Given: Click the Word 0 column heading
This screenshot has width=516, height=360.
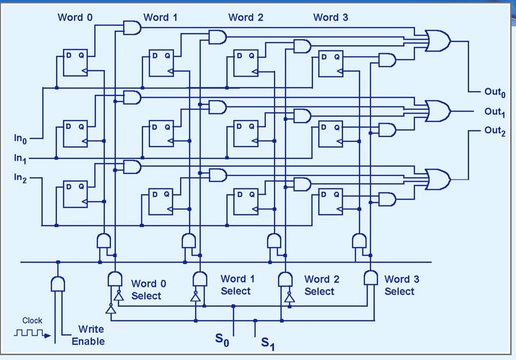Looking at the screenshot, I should pos(75,18).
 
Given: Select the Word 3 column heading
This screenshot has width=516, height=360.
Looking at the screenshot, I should pos(331,18).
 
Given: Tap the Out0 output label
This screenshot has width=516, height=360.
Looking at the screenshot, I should pos(495,92).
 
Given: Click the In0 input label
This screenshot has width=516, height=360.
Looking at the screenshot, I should pos(20,140).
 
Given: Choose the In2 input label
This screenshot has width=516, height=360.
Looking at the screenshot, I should pos(20,178).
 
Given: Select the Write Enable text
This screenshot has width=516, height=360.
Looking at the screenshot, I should pos(88,336).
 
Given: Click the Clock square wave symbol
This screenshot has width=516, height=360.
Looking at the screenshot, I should pos(29,334).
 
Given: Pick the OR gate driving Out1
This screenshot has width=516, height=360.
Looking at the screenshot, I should pos(438,111).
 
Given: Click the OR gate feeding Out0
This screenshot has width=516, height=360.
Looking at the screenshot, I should pos(438,41).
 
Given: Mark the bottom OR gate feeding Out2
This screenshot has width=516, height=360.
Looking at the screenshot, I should pos(438,180).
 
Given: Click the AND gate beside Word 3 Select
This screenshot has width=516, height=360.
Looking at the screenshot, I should pos(371,278).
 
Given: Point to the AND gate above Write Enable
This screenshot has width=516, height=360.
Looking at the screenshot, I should pos(58,284).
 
